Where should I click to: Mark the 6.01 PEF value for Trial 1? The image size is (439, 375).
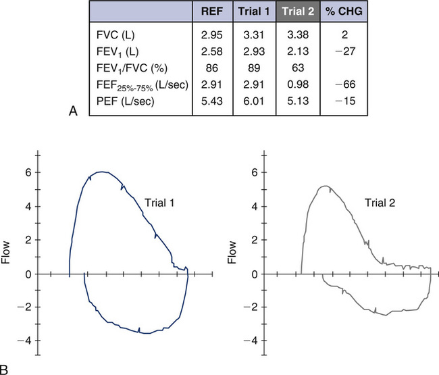click(251, 102)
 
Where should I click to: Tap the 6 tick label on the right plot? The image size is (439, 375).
click(254, 172)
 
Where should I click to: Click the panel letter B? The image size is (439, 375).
click(6, 369)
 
